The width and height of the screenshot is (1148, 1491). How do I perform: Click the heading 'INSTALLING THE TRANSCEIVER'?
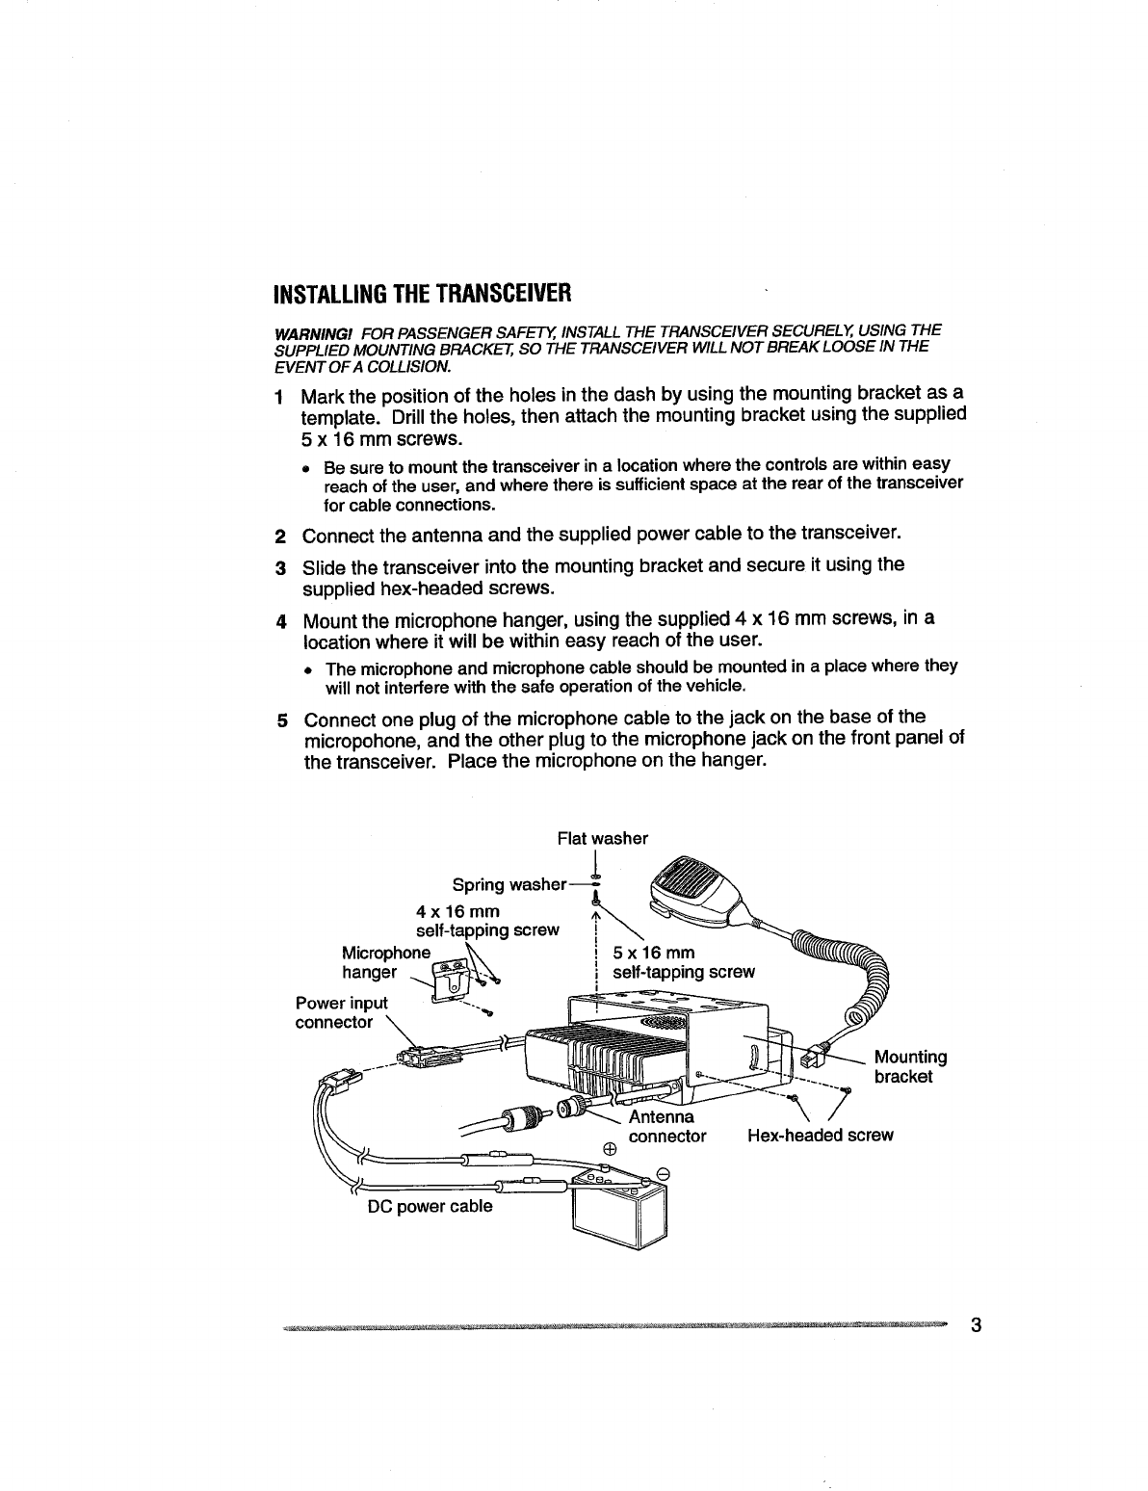424,291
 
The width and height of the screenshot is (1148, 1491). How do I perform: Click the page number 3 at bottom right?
976,1325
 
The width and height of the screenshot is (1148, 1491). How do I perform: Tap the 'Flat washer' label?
603,838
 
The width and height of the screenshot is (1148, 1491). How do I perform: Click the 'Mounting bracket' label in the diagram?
910,1066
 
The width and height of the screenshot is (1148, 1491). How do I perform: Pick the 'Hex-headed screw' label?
821,1136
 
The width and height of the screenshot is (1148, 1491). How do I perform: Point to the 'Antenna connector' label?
666,1127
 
